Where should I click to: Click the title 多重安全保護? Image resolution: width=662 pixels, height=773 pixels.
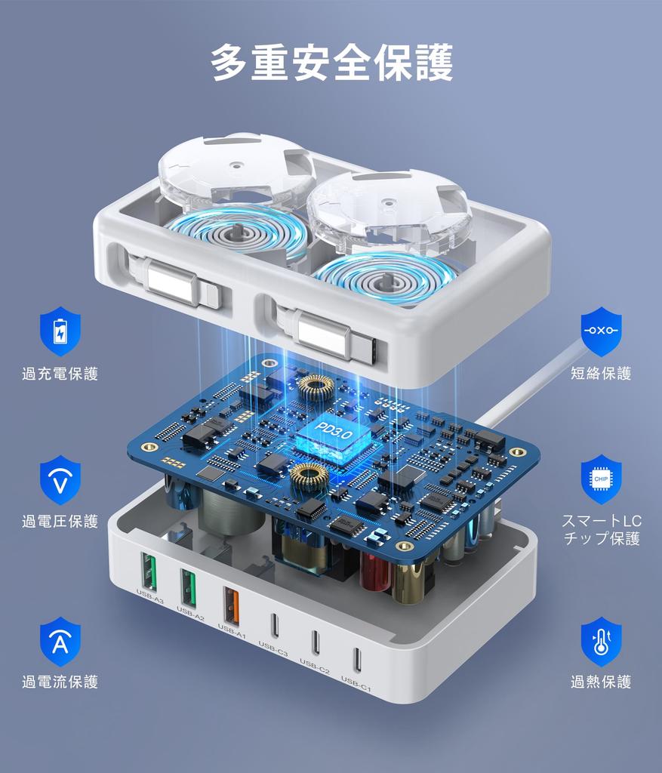331,62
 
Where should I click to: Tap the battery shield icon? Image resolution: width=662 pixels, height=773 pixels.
60,331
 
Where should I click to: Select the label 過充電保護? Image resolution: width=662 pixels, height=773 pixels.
60,374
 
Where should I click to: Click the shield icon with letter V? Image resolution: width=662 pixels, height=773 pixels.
60,479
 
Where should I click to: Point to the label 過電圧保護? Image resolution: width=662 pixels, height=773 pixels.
60,522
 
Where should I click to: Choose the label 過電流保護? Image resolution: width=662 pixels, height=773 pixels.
60,682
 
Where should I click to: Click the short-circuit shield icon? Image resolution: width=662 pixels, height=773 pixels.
601,331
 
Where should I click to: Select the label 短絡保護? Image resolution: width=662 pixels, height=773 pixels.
601,374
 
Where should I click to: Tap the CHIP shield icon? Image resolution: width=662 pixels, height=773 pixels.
601,479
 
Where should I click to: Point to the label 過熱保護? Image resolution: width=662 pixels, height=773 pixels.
601,682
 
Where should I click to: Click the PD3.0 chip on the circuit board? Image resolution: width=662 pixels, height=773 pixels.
332,436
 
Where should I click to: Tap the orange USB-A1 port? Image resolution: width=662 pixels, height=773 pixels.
231,605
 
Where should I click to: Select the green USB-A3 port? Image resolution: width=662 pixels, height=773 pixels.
149,573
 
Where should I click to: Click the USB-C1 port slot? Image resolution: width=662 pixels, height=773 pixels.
356,659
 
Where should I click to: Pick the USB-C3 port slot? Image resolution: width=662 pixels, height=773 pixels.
275,625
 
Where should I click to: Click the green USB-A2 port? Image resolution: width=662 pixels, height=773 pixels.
189,588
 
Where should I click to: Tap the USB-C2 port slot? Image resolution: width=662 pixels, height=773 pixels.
316,642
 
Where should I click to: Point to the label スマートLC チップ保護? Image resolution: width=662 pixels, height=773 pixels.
601,530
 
